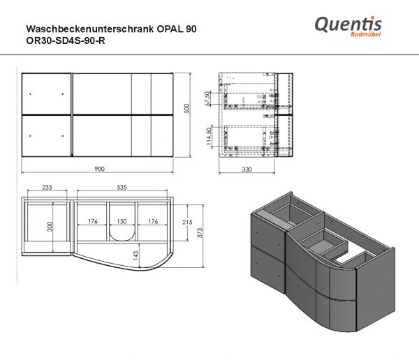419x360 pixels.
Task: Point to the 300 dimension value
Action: coord(29,227)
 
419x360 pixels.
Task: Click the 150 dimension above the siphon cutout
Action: coord(122,223)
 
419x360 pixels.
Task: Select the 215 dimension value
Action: coord(186,222)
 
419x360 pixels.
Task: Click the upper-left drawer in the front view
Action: coord(46,92)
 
